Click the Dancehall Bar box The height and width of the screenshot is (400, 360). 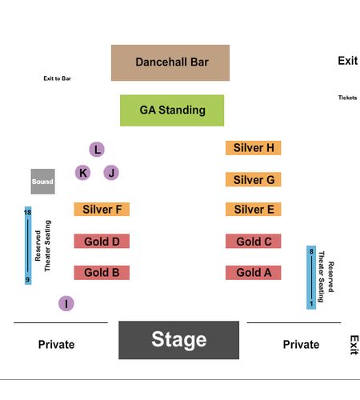170,62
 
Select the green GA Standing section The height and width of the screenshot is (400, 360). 172,110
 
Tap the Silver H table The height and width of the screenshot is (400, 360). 254,148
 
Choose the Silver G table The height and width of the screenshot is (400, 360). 254,179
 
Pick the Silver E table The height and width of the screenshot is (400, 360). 254,210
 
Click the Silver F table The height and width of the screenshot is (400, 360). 102,210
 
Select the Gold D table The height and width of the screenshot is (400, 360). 102,241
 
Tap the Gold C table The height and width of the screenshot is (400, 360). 254,241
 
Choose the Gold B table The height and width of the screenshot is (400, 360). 102,273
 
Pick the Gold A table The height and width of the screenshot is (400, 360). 254,273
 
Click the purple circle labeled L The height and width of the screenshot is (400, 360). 97,150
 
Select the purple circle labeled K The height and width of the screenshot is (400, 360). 83,173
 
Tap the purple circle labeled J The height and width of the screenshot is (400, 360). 111,173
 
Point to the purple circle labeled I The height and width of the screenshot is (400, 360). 66,303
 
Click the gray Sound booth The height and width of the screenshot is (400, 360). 43,182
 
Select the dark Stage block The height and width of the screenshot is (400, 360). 179,340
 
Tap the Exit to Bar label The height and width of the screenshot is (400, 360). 57,78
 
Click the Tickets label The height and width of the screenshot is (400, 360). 347,98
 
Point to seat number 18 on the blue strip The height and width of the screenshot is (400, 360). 28,213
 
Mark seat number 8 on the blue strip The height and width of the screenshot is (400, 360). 311,251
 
